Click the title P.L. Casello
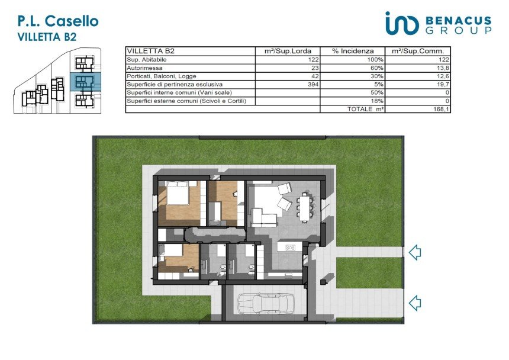click(x=58, y=21)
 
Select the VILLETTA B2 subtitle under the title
click(x=47, y=37)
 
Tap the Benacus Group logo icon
click(x=401, y=23)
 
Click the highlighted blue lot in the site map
click(x=86, y=82)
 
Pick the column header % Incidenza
click(x=353, y=52)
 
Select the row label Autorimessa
click(x=144, y=68)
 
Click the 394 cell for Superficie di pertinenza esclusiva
click(x=313, y=85)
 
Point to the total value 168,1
click(x=441, y=109)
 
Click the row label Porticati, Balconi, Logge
click(x=162, y=76)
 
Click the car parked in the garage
click(x=266, y=304)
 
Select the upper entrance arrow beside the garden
click(x=415, y=252)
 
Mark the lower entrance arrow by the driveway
click(x=415, y=304)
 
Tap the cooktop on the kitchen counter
click(x=290, y=247)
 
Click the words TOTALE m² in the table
click(x=365, y=109)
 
